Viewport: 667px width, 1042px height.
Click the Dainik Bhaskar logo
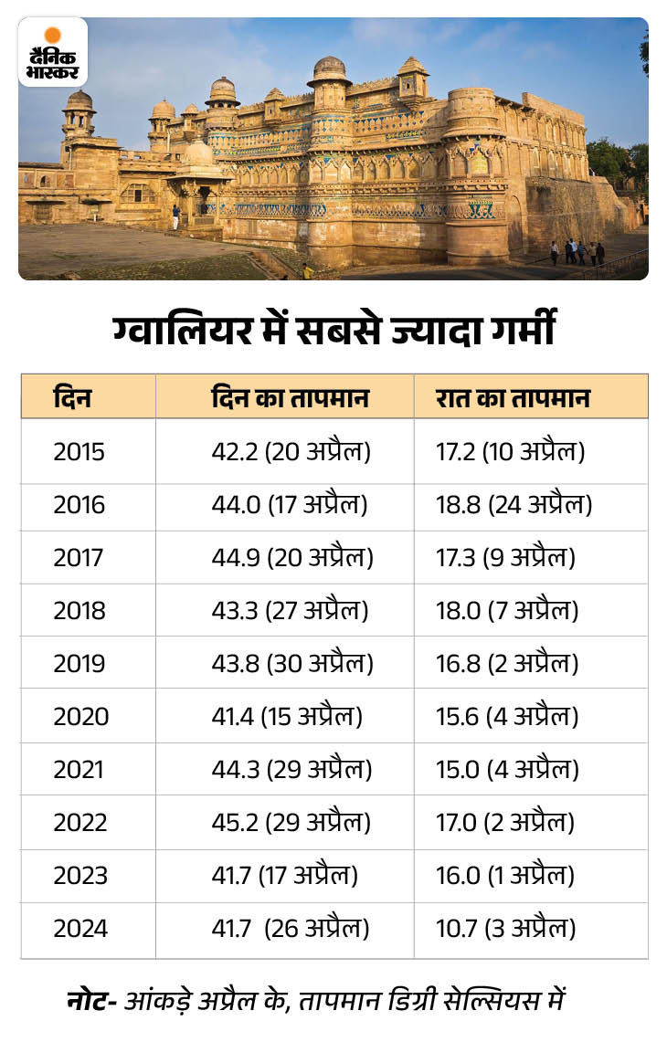pos(53,53)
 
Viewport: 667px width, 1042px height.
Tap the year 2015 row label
pos(79,452)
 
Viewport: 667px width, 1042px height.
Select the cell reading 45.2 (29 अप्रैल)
pos(291,823)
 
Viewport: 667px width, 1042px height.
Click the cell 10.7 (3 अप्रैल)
pos(506,929)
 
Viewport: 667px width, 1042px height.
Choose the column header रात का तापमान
pos(513,398)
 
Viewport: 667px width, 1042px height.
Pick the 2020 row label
pos(80,717)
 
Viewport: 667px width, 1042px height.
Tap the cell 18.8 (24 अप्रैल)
pos(514,505)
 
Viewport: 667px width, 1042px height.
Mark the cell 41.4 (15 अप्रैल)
pos(287,717)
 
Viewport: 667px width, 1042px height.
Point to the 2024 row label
pos(80,929)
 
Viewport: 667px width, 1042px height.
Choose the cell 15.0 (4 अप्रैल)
pos(507,770)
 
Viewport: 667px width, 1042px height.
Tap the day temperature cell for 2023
pos(284,876)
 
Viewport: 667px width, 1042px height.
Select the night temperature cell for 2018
pos(507,611)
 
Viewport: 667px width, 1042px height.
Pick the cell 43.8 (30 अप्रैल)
pos(292,664)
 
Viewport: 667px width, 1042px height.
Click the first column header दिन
pos(72,398)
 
